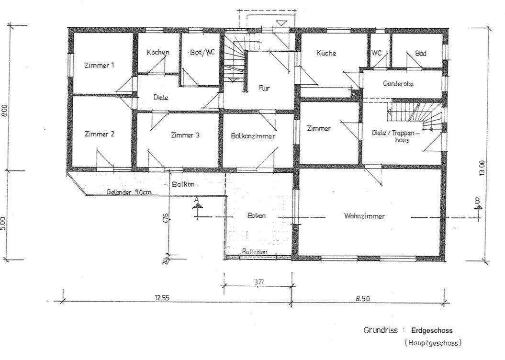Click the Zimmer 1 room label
[99, 66]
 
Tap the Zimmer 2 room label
[99, 134]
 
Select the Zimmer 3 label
[185, 135]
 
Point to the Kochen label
[158, 52]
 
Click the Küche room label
[326, 53]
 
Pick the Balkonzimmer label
[253, 136]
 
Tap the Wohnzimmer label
[364, 216]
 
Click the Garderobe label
[398, 83]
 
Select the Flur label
[264, 88]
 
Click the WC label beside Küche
[377, 53]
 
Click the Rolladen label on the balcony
[255, 252]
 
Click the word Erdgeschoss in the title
[431, 330]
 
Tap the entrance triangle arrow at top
[281, 22]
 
